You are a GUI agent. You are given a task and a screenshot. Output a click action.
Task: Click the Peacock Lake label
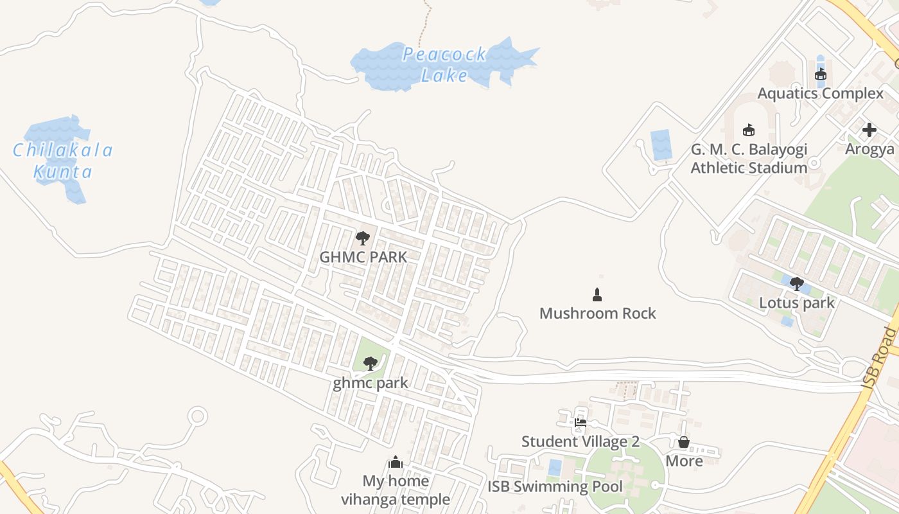[444, 65]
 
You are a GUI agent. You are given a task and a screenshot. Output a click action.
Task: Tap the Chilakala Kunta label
[63, 161]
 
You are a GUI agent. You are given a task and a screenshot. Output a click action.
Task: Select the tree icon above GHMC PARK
[363, 239]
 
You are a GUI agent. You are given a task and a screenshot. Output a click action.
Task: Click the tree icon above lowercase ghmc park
[370, 364]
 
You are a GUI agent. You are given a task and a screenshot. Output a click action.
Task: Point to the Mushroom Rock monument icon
[597, 295]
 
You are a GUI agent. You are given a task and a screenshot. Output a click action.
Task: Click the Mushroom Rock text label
[597, 314]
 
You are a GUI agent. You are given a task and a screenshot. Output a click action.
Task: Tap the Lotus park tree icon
[797, 283]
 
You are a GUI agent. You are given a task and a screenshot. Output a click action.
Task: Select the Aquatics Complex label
[820, 94]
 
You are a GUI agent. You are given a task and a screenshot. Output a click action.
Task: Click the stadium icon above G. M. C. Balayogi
[748, 130]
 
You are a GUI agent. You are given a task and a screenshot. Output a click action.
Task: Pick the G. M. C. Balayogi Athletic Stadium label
[749, 159]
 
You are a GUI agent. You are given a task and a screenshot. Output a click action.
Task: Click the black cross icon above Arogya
[869, 130]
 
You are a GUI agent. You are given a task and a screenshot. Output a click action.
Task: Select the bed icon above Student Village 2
[580, 423]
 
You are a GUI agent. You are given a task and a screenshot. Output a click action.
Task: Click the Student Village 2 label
[580, 442]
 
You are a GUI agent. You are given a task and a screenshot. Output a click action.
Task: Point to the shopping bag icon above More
[684, 442]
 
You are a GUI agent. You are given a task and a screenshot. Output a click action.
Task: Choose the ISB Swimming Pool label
[555, 487]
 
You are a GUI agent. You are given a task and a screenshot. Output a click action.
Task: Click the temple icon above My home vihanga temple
[396, 462]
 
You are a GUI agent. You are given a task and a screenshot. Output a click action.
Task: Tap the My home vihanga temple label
[396, 490]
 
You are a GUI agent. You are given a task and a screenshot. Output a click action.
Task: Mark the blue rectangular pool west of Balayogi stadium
[661, 145]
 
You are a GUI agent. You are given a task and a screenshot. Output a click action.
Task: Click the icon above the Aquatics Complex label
[820, 75]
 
